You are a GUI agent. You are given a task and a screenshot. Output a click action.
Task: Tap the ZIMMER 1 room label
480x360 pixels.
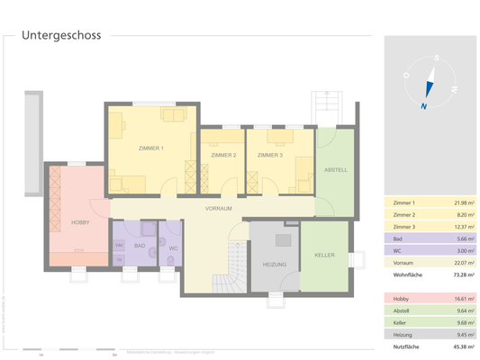(150, 148)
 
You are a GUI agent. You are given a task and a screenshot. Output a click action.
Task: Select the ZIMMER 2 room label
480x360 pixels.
(222, 156)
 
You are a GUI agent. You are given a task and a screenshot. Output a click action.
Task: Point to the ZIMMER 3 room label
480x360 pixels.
(269, 156)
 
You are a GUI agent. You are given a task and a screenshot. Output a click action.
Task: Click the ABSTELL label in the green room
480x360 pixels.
(335, 169)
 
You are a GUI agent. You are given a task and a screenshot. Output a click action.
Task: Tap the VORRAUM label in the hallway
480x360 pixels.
(219, 208)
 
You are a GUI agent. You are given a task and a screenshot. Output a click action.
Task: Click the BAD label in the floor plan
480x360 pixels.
(140, 245)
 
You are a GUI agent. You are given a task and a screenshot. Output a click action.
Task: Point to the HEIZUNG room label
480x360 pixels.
(274, 265)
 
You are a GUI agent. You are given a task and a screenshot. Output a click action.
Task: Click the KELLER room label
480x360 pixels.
(325, 256)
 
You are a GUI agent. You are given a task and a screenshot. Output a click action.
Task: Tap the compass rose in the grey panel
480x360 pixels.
(430, 82)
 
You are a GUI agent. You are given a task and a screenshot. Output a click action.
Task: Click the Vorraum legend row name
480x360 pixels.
(404, 262)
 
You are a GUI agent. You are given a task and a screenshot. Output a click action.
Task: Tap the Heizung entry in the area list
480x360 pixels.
(404, 333)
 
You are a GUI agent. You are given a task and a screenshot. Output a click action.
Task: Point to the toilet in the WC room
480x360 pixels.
(170, 262)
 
